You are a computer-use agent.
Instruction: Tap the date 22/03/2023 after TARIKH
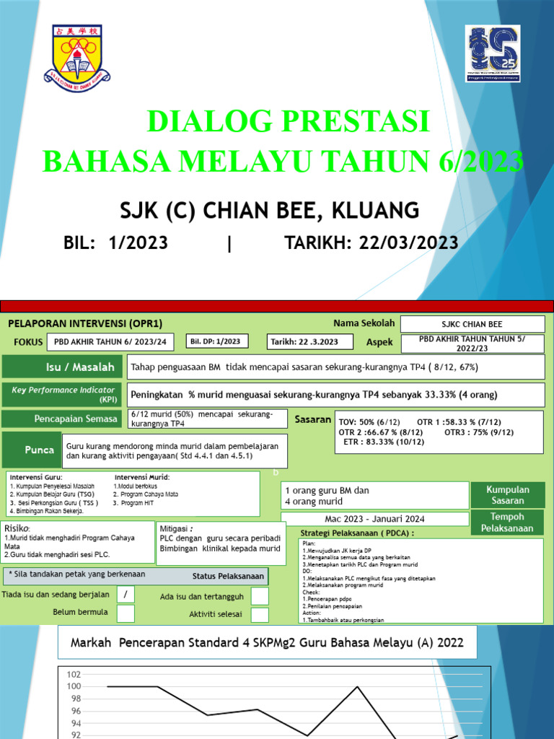(408, 243)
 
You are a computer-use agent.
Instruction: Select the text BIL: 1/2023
(116, 243)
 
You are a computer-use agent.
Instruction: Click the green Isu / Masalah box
(63, 367)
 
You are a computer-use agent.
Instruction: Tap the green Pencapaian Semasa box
(63, 419)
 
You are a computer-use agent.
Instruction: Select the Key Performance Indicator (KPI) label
(63, 394)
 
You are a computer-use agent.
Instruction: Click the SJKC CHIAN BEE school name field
(472, 324)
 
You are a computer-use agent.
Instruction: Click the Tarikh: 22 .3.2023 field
(310, 341)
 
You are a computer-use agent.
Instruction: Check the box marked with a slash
(126, 594)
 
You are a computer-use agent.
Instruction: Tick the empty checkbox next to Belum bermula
(126, 613)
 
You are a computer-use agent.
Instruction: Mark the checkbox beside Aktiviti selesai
(260, 615)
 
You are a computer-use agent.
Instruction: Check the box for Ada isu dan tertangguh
(260, 595)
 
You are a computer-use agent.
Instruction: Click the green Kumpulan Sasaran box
(507, 495)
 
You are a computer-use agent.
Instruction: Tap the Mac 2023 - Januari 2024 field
(375, 519)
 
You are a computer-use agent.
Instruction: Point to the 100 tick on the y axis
(73, 686)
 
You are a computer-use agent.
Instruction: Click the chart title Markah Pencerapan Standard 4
(267, 642)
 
